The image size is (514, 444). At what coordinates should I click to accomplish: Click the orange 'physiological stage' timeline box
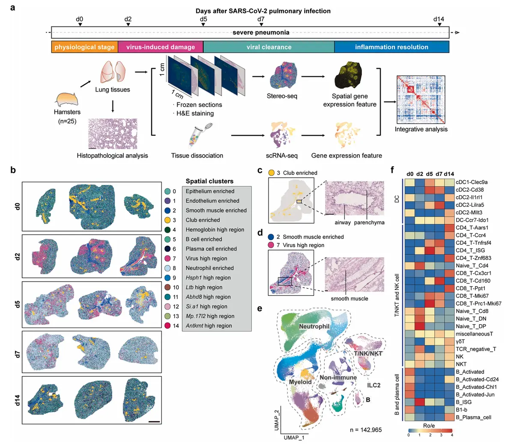pos(84,47)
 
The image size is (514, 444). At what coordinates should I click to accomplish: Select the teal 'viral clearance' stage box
pos(269,47)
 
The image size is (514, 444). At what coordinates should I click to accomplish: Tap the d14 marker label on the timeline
pos(439,19)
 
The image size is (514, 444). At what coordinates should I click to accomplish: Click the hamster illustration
pos(66,100)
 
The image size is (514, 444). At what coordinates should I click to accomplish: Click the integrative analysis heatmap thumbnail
pos(421,100)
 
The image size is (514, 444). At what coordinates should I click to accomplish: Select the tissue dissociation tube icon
pos(197,136)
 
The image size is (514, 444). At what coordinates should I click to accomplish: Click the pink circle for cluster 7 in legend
pos(167,259)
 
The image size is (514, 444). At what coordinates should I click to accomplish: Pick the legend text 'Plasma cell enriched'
pos(211,249)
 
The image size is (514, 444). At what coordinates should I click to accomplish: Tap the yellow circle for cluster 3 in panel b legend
pos(167,220)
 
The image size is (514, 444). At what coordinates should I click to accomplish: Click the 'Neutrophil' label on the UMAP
pos(314,327)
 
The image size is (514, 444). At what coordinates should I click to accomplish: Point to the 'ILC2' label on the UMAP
pos(374,385)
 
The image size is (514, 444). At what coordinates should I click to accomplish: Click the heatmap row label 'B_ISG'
pos(463,402)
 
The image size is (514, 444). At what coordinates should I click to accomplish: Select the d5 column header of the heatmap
pos(430,174)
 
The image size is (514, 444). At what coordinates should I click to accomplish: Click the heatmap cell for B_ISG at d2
pos(420,402)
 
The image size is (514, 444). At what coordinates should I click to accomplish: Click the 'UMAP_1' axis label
pos(294,438)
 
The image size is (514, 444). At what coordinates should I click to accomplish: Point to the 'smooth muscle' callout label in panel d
pos(349,298)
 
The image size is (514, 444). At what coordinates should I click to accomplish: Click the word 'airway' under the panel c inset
pos(343,223)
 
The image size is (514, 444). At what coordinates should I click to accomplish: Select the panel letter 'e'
pos(260,308)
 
